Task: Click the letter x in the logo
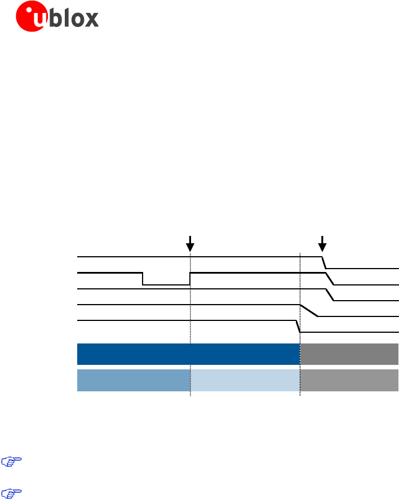91,20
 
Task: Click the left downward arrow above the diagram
190,243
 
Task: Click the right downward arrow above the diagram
322,243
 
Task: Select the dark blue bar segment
188,354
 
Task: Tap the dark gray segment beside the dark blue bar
349,354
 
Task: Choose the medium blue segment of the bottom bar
133,380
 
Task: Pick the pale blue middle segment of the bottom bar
245,380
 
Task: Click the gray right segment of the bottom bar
349,380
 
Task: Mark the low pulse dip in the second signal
166,284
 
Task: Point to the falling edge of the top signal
325,262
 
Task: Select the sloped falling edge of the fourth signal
309,311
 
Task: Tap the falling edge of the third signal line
331,295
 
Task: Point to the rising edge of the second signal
190,279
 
